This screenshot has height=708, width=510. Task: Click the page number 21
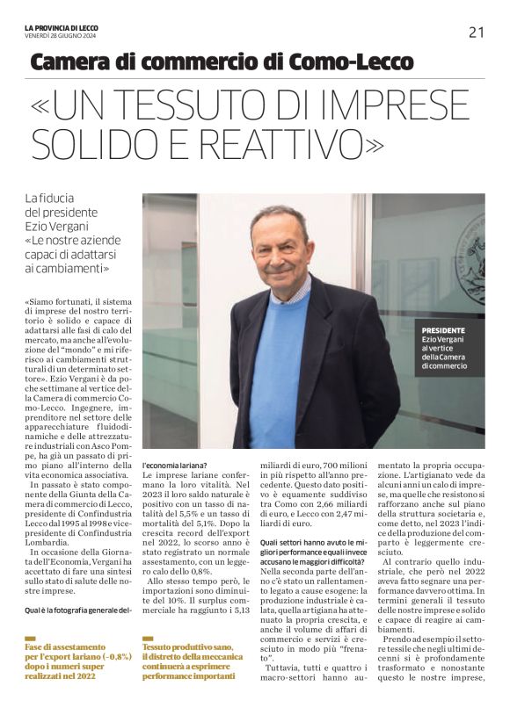click(x=476, y=33)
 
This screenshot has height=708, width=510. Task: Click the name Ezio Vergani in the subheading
click(x=58, y=226)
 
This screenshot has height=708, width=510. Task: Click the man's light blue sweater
click(x=280, y=369)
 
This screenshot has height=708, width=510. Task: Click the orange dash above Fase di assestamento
click(x=30, y=639)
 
